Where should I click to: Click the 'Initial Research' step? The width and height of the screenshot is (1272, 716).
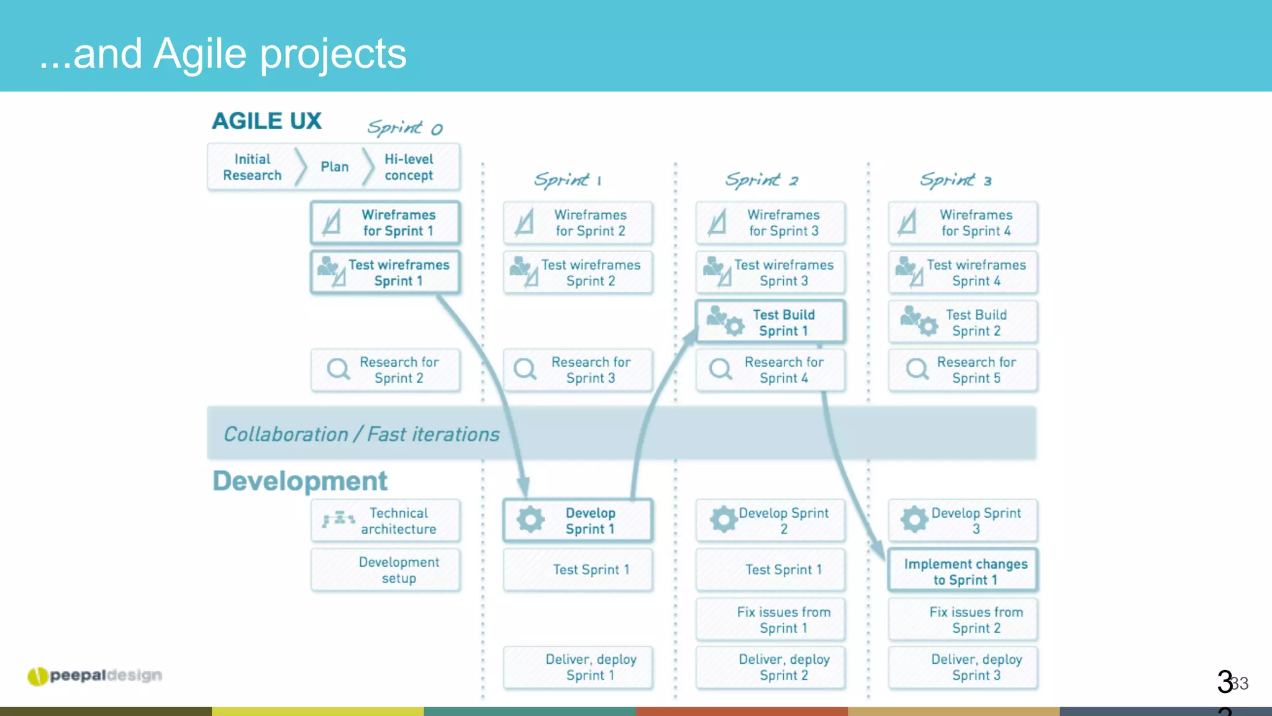[x=252, y=167]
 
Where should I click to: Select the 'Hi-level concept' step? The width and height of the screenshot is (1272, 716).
[x=409, y=167]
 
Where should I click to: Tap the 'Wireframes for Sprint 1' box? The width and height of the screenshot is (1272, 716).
[x=385, y=223]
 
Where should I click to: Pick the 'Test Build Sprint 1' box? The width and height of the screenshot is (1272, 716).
[x=770, y=322]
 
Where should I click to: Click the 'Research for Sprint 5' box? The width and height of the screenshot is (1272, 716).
[x=963, y=370]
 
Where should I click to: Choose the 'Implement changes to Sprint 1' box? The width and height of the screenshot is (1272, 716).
[x=963, y=571]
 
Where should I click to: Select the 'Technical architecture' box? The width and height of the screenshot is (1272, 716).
[x=385, y=521]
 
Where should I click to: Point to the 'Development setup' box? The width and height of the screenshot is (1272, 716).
[x=385, y=570]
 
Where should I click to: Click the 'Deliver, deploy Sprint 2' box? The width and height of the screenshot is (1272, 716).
[x=770, y=668]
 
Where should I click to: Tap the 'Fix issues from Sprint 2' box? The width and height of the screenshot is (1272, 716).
[x=963, y=620]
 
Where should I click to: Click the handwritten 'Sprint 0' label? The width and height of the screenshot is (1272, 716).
[x=404, y=128]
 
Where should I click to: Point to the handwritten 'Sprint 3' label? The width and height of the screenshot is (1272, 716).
[x=955, y=180]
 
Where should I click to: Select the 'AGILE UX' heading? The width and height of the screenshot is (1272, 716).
[x=267, y=121]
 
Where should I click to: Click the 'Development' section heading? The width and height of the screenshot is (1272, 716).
[x=300, y=481]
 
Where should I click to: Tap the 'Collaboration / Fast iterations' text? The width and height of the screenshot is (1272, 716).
[x=361, y=434]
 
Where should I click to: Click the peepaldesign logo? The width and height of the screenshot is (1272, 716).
[x=95, y=676]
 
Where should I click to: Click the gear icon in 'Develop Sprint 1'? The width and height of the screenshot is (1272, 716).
[x=530, y=520]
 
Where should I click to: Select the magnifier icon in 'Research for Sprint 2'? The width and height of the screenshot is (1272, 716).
[x=338, y=369]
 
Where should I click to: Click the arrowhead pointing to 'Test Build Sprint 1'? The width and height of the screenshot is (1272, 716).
[x=690, y=336]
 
